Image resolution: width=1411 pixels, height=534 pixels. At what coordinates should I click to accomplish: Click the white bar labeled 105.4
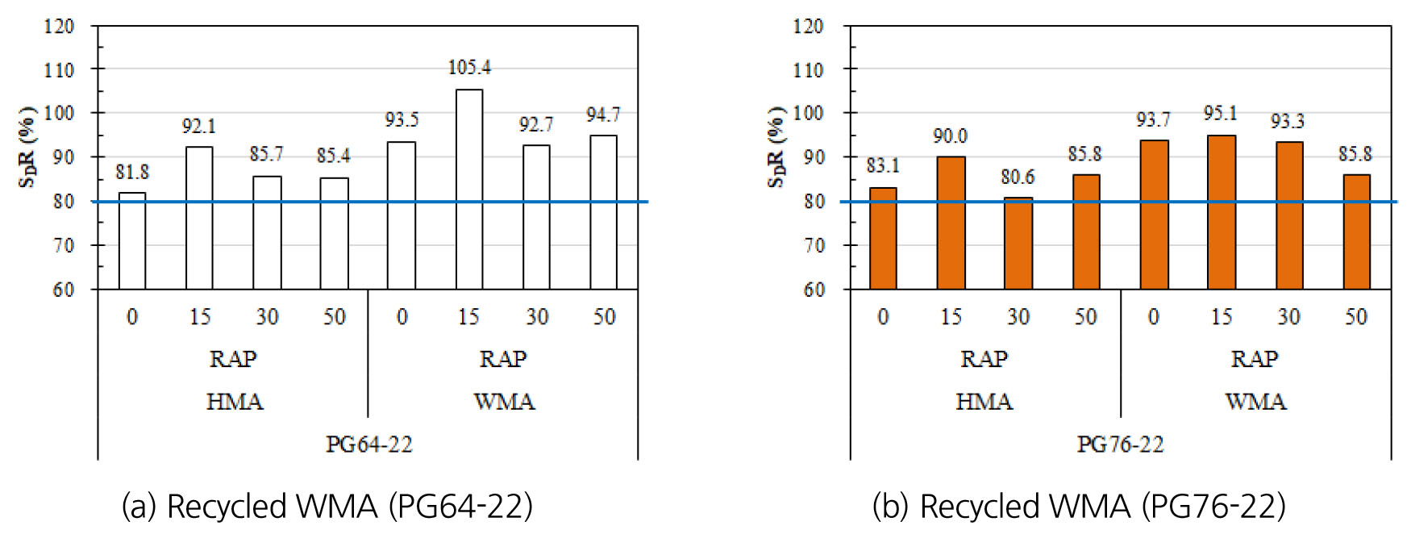point(469,189)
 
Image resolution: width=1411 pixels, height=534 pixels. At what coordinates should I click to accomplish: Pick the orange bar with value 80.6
point(1018,243)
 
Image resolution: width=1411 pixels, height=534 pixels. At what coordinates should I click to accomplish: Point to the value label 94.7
point(603,115)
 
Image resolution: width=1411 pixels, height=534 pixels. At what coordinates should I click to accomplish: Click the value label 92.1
point(198,127)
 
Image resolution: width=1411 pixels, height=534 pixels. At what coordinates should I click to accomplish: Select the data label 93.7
point(1153,120)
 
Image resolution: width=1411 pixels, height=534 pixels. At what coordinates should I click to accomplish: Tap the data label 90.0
point(950,136)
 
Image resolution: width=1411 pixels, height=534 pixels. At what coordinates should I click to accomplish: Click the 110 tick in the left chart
point(59,70)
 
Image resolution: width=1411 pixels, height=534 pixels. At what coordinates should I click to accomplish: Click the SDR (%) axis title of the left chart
point(28,147)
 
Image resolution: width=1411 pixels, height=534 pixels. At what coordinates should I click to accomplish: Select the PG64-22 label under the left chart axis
point(368,444)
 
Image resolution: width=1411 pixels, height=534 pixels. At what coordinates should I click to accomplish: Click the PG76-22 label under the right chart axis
point(1120,444)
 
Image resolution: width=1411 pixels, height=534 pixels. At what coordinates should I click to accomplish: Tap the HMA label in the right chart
point(984,402)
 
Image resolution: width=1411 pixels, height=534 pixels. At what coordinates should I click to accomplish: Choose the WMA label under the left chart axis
point(504,402)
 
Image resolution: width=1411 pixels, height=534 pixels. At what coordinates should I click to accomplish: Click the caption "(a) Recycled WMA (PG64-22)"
point(327,507)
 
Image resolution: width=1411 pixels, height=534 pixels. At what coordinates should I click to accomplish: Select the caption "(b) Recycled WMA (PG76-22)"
point(1079,507)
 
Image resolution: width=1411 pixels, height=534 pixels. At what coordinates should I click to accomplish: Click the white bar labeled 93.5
point(402,215)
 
